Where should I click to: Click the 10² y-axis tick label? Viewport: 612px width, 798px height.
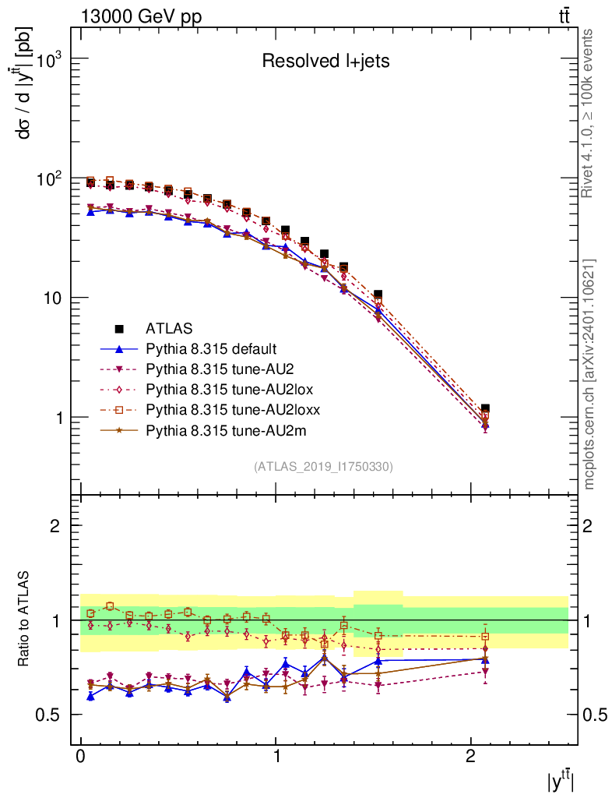48,179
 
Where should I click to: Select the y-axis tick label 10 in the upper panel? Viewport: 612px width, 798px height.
53,298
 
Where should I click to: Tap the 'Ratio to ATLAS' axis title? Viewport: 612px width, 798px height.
26,620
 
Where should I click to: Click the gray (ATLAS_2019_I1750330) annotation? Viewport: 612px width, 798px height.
323,467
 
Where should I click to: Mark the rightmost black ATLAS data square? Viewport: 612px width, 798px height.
485,408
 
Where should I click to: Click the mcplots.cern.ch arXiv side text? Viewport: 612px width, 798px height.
589,374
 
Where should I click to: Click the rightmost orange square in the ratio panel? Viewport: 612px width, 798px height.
485,637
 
